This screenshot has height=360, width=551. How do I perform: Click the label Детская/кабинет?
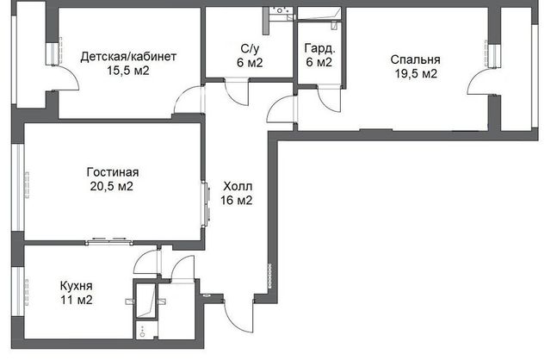(x=128, y=57)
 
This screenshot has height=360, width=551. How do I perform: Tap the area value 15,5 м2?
(x=128, y=71)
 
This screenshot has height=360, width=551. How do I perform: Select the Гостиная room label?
(x=113, y=172)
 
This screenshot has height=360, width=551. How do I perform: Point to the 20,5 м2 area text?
(x=112, y=186)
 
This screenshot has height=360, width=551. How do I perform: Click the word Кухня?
(x=77, y=286)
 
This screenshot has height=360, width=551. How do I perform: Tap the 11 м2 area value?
(x=77, y=301)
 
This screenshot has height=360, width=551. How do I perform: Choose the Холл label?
(x=238, y=186)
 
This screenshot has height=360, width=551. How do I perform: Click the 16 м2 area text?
(x=237, y=201)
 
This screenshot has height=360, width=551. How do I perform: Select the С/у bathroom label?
(x=250, y=48)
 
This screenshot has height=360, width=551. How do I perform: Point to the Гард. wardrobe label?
(x=319, y=48)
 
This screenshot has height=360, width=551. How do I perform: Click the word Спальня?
(x=415, y=59)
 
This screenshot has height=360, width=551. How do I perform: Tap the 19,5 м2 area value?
(x=416, y=74)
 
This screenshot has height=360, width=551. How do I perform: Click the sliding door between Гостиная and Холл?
(x=206, y=203)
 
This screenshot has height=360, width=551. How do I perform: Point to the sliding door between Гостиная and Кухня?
(x=109, y=241)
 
